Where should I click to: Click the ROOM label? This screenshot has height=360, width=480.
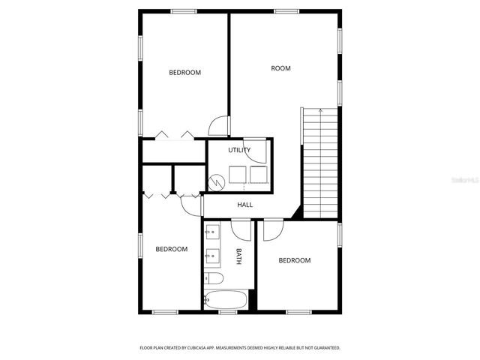(280, 68)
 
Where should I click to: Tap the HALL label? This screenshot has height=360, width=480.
(245, 205)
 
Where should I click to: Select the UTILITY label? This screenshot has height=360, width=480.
(239, 150)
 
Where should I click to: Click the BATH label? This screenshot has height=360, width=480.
(239, 256)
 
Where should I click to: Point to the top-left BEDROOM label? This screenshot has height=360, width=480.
(184, 73)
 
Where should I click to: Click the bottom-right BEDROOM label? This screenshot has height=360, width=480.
(294, 260)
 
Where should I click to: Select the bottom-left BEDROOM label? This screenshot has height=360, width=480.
(171, 249)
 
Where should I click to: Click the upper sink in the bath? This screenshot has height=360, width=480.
(211, 230)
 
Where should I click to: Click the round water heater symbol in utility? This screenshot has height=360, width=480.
(217, 181)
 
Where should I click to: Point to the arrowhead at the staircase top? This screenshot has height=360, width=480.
(321, 110)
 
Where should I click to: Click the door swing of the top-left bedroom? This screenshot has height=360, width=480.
(218, 126)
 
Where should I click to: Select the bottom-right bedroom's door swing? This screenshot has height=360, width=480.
(271, 229)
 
